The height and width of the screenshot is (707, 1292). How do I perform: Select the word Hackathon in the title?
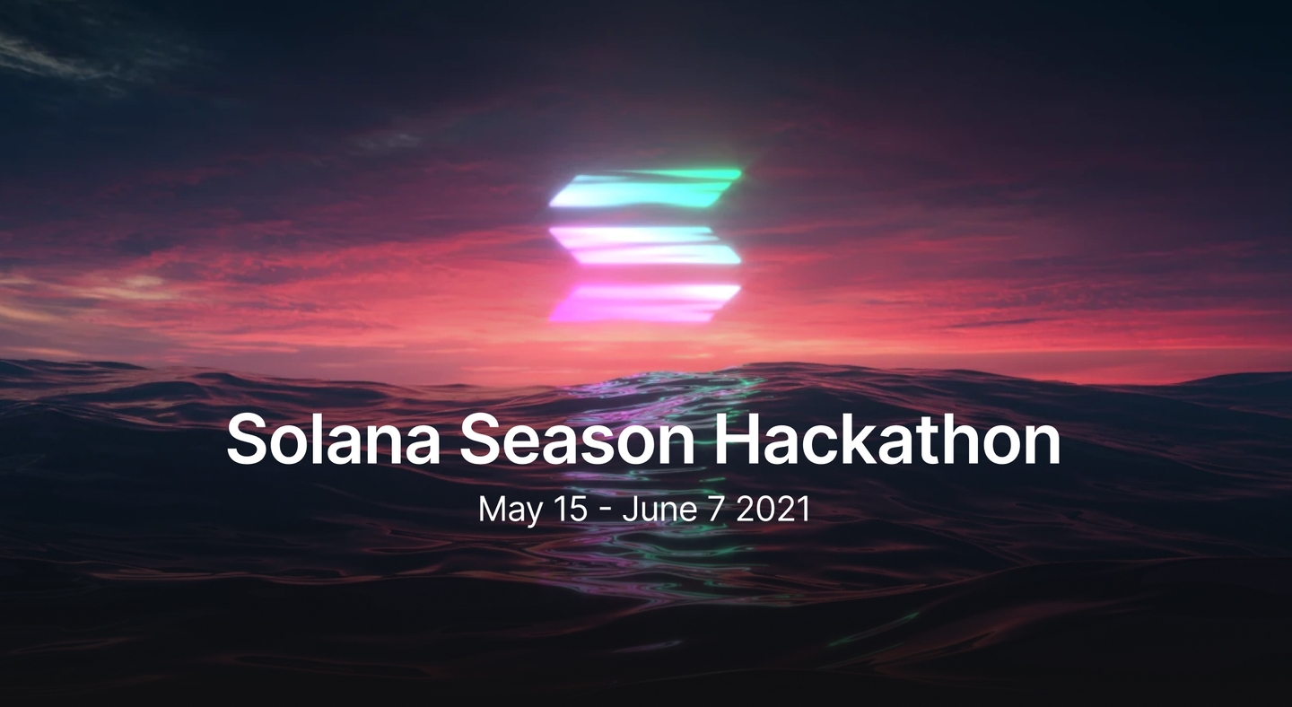tap(888, 438)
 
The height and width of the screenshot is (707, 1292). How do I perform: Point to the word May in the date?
tap(511, 510)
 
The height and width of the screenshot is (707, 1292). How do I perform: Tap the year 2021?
tap(773, 509)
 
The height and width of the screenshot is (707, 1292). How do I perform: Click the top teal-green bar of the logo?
tap(645, 188)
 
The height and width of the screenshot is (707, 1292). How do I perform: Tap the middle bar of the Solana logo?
tap(645, 246)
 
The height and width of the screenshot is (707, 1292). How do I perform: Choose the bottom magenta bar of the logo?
tap(645, 302)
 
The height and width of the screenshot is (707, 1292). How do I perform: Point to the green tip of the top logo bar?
tap(734, 172)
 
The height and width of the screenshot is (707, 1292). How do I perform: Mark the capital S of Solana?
tap(249, 439)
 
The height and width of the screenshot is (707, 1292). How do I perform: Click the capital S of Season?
tap(483, 439)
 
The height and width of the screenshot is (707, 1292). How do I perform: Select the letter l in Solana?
tap(329, 438)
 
